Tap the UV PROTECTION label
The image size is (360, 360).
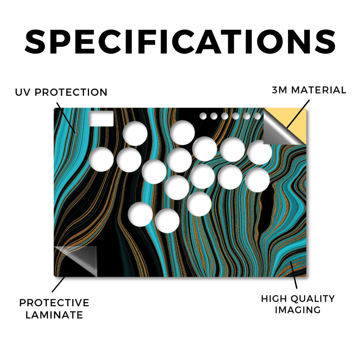coord(61,92)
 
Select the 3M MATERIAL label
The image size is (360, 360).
coord(309,90)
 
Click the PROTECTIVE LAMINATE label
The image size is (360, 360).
coord(54,309)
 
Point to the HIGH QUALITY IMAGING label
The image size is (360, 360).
coord(298,304)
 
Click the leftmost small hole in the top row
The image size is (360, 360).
coord(203,116)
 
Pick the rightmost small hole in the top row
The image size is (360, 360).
coord(257,116)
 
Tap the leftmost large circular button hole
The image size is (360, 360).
coord(101,159)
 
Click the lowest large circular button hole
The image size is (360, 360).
coord(167,221)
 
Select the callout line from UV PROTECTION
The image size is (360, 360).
coord(66,117)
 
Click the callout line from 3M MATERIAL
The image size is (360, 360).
coord(298,114)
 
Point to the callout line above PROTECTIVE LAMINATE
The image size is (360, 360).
coord(59,284)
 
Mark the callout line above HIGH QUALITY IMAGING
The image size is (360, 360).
coord(294,275)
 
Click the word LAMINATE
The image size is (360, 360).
coord(54,315)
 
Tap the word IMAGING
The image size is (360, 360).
coord(298,310)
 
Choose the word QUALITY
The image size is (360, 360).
coord(313,299)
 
